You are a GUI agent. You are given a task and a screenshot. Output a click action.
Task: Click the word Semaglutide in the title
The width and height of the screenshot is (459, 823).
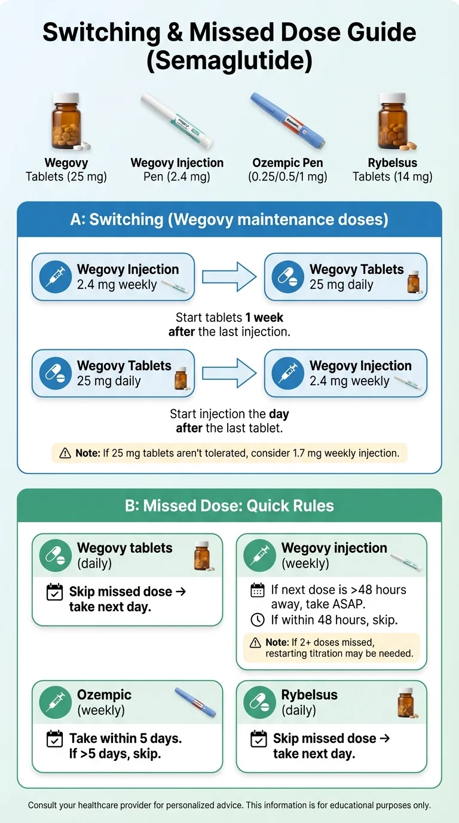(x=229, y=62)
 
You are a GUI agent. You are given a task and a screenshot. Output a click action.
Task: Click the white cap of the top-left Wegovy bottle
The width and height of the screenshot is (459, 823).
(x=66, y=97)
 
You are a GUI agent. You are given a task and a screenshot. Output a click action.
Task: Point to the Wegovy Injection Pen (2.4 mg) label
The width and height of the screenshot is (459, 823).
(x=177, y=170)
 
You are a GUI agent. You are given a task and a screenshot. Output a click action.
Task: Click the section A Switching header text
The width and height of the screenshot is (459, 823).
(x=229, y=220)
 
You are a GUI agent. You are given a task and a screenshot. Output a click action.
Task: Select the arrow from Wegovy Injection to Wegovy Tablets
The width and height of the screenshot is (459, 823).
(x=229, y=277)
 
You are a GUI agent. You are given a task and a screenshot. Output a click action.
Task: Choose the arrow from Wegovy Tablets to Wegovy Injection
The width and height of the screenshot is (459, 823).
(x=229, y=373)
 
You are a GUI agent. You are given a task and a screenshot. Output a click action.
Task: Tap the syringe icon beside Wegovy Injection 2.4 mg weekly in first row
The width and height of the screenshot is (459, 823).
(x=55, y=277)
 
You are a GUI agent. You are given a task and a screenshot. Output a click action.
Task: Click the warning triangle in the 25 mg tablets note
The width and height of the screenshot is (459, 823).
(x=65, y=453)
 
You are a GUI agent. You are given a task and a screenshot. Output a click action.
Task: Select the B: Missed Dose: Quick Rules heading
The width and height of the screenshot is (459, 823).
(x=229, y=506)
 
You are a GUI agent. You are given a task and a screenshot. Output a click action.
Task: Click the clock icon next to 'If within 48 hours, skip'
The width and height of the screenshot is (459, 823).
(x=257, y=620)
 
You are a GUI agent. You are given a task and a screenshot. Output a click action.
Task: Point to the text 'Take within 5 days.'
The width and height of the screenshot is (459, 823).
(x=126, y=738)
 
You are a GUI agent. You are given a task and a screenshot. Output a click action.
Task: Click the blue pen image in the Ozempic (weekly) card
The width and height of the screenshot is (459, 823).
(x=195, y=702)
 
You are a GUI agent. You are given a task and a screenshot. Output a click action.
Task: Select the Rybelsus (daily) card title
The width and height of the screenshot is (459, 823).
(x=309, y=695)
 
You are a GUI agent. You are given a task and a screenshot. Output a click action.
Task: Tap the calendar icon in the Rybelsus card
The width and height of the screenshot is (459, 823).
(x=258, y=739)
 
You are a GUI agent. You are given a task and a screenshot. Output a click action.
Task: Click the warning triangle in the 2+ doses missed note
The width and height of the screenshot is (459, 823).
(x=255, y=642)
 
